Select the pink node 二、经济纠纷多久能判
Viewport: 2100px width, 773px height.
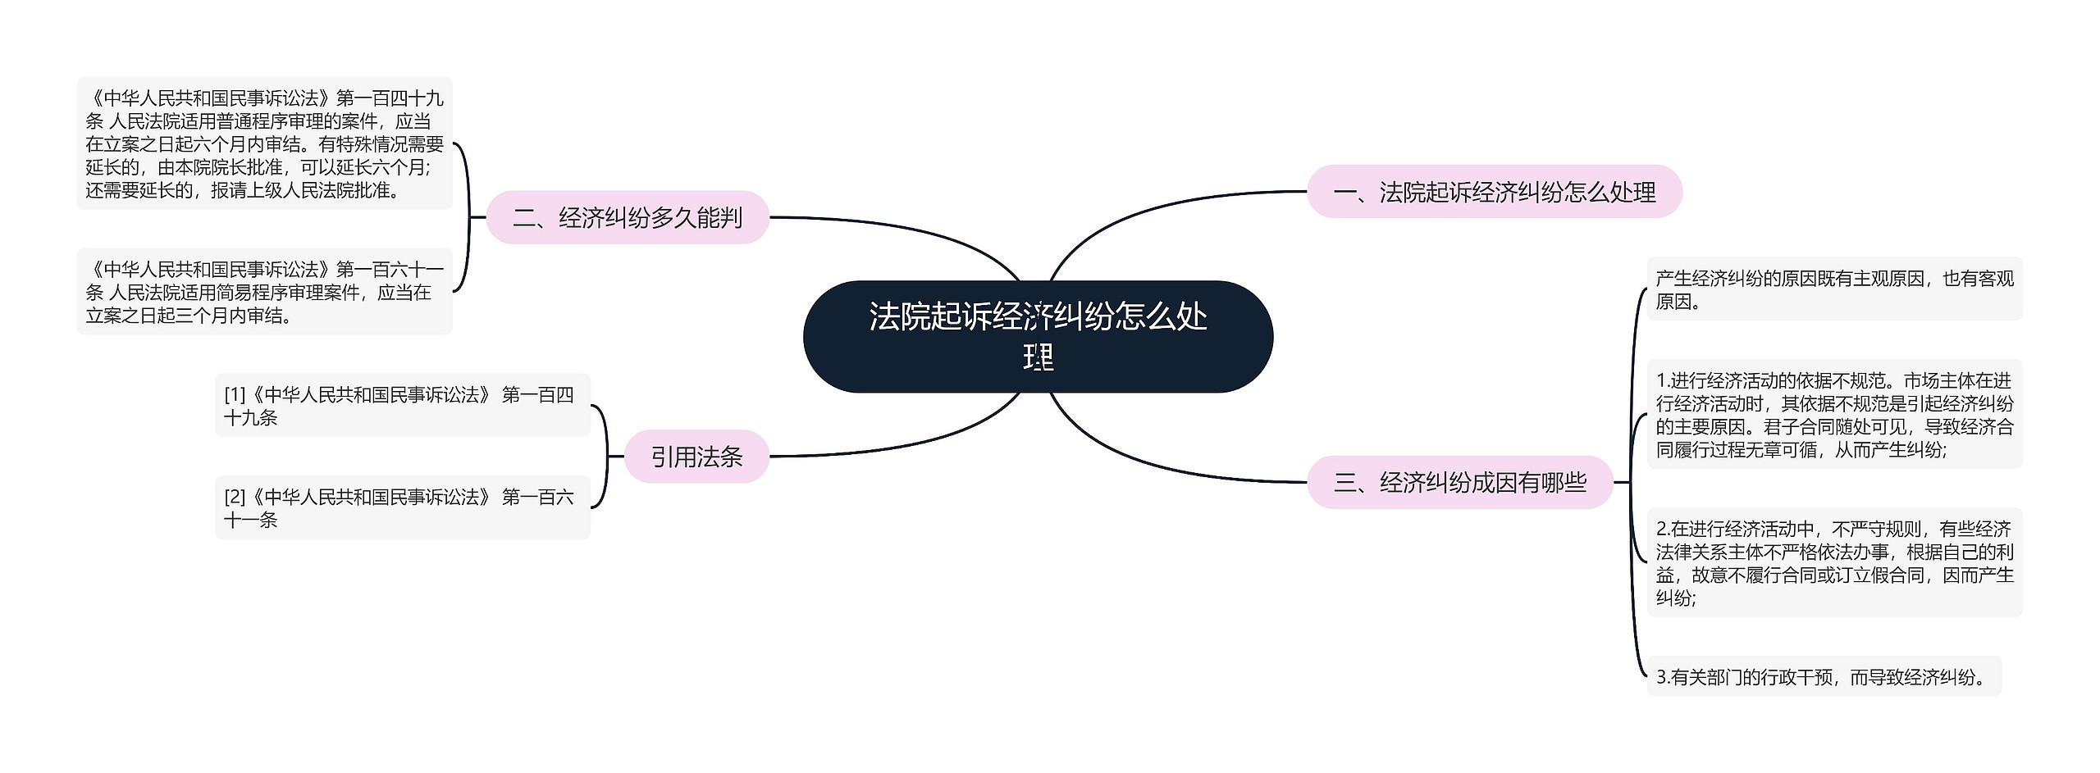(628, 217)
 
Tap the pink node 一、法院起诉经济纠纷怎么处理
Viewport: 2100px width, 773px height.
(1494, 192)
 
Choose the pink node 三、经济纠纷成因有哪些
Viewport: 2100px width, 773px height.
(1459, 482)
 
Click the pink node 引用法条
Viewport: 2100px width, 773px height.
(696, 457)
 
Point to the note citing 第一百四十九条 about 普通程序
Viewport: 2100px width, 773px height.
(264, 143)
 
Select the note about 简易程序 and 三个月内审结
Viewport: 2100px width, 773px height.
(264, 292)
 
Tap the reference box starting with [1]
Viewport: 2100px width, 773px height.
(402, 406)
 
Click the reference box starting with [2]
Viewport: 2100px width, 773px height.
(402, 507)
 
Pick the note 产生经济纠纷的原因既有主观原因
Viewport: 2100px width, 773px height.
(1834, 289)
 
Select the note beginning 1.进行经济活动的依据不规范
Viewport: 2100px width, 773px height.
(1834, 414)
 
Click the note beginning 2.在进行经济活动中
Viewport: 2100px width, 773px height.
(1834, 562)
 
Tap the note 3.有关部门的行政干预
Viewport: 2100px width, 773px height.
(1824, 676)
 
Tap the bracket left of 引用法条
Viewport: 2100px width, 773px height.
(605, 457)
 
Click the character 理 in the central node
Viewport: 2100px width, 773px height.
(1038, 358)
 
